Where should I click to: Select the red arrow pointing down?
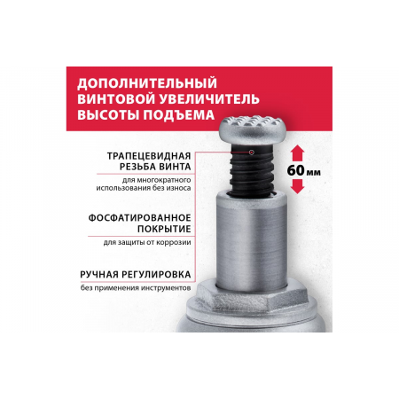[x=298, y=186]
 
